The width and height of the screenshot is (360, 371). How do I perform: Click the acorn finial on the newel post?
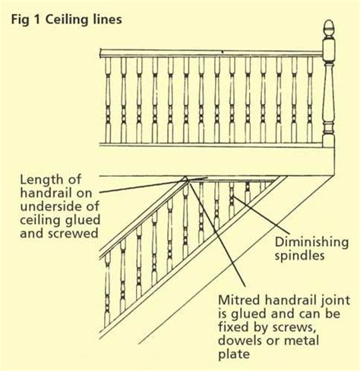pyautogui.click(x=330, y=29)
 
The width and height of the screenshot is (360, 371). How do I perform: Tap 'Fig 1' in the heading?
pyautogui.click(x=26, y=20)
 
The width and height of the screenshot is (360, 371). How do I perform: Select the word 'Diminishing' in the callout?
pyautogui.click(x=311, y=242)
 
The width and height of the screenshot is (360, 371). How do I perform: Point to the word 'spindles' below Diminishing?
pyautogui.click(x=299, y=256)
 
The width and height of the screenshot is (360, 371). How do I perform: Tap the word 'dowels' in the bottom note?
pyautogui.click(x=239, y=341)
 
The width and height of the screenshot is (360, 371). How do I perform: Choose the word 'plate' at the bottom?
pyautogui.click(x=234, y=354)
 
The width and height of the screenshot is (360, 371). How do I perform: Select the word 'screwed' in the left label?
pyautogui.click(x=73, y=234)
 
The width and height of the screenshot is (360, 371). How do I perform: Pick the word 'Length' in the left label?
pyautogui.click(x=43, y=180)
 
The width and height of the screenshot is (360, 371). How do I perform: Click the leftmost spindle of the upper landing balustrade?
pyautogui.click(x=108, y=100)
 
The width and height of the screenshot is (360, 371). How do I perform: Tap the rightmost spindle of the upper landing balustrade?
pyautogui.click(x=310, y=100)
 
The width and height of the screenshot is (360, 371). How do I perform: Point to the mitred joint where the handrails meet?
pyautogui.click(x=186, y=179)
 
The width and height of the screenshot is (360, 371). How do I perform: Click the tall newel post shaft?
pyautogui.click(x=329, y=93)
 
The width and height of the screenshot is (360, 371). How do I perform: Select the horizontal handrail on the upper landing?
pyautogui.click(x=211, y=54)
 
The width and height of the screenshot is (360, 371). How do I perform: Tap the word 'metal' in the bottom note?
pyautogui.click(x=301, y=341)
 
